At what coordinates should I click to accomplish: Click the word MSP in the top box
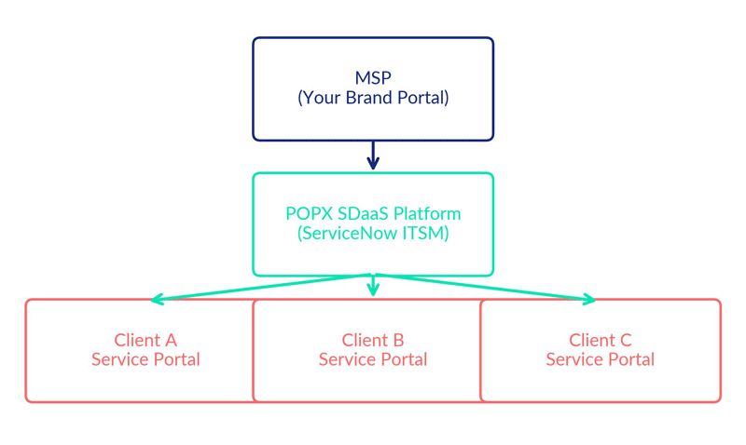[373, 77]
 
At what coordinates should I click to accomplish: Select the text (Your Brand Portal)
[373, 97]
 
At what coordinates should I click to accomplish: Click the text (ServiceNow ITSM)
[373, 234]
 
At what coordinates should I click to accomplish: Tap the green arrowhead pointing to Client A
[157, 300]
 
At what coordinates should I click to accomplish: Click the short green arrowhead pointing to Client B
[373, 290]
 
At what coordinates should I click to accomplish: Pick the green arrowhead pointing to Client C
[588, 300]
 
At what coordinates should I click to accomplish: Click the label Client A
[145, 340]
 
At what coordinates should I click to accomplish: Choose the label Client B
[373, 340]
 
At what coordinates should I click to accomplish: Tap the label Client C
[601, 340]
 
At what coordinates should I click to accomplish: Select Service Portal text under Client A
[145, 359]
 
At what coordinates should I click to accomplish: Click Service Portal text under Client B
[373, 359]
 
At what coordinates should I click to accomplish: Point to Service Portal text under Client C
[601, 359]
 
